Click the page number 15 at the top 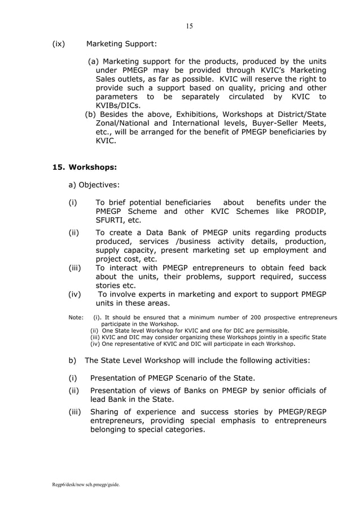[x=189, y=26]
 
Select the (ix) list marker [x=59, y=43]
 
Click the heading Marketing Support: [x=121, y=43]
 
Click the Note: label [x=76, y=317]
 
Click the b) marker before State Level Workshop [x=72, y=361]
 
